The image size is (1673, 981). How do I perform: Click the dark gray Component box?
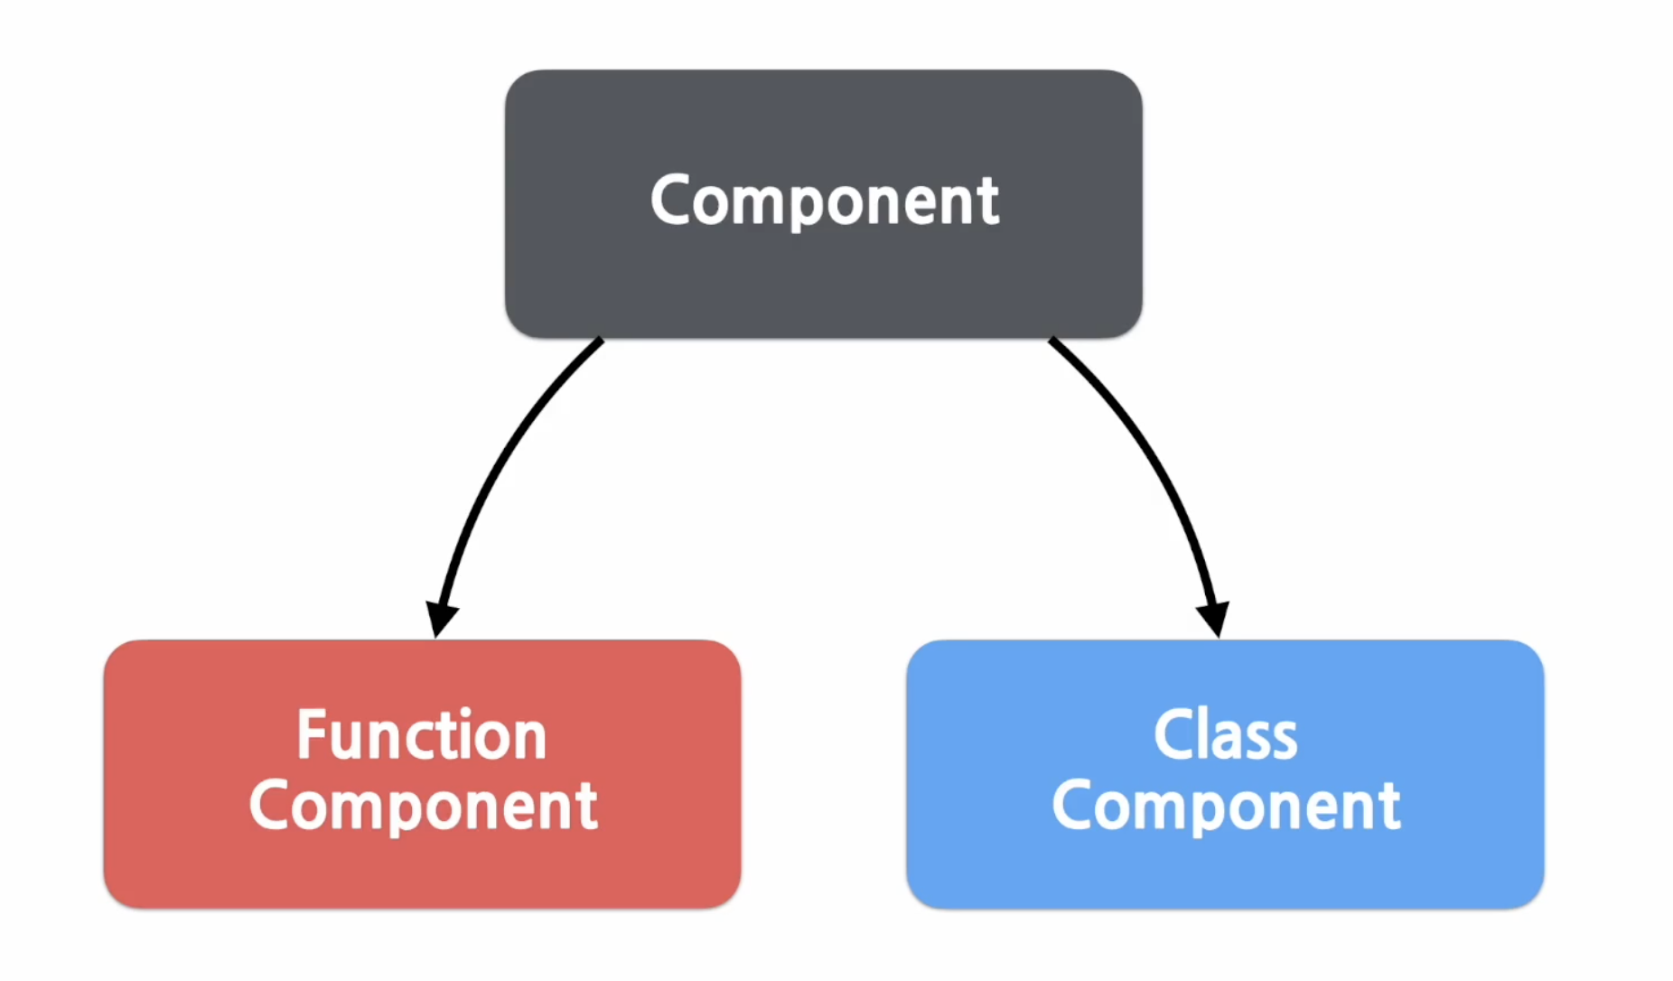coord(823,204)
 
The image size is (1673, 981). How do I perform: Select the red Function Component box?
coord(423,774)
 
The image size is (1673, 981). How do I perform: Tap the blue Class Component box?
coord(1225,774)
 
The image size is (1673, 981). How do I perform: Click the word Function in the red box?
coord(422,734)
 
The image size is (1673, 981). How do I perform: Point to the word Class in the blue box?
coord(1226,734)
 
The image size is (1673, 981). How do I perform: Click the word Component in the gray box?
coord(825,201)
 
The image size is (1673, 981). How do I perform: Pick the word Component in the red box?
coord(423,807)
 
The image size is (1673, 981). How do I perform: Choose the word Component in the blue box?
coord(1226,807)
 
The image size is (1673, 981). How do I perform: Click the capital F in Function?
coord(312,734)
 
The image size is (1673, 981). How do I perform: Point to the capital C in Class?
coord(1173,734)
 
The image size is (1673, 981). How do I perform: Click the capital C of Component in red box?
coord(270,806)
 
